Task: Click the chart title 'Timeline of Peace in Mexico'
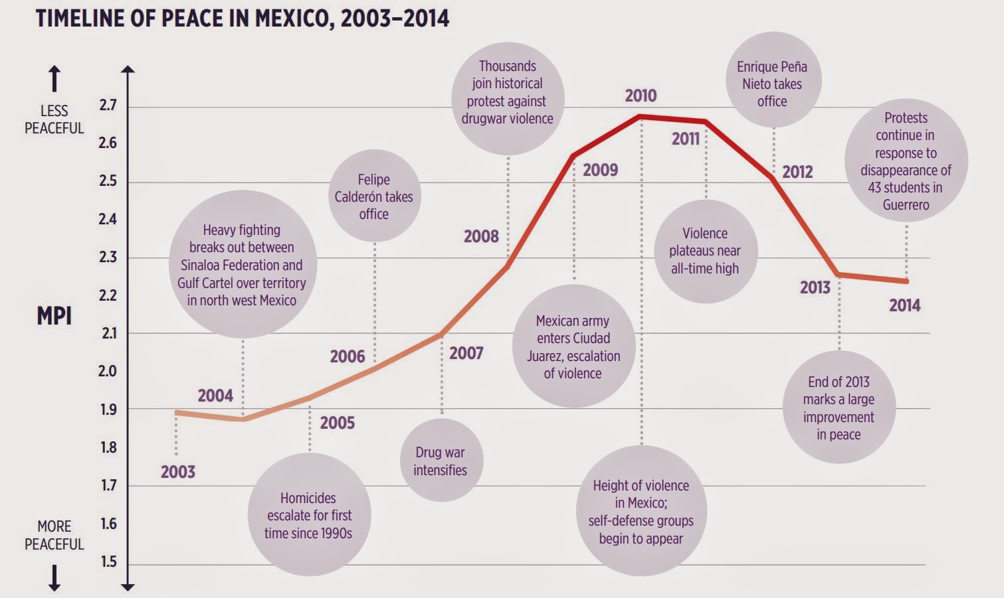click(243, 18)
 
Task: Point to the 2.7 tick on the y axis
click(108, 105)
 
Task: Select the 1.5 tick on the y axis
click(108, 561)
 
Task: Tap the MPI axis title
click(54, 316)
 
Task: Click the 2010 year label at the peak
click(641, 96)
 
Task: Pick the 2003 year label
click(178, 472)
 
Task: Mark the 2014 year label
click(905, 305)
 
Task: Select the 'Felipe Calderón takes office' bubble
click(374, 196)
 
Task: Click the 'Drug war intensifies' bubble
click(441, 461)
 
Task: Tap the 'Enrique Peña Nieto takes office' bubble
click(772, 84)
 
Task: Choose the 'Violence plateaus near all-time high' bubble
click(705, 251)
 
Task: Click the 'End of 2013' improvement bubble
click(839, 408)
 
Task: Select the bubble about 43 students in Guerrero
click(906, 161)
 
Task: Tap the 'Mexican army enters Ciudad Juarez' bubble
click(573, 346)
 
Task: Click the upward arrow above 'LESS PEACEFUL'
click(54, 79)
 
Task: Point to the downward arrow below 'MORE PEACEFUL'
click(54, 577)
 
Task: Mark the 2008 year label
click(481, 236)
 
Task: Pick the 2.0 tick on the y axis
click(108, 371)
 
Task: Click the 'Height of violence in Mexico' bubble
click(641, 512)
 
